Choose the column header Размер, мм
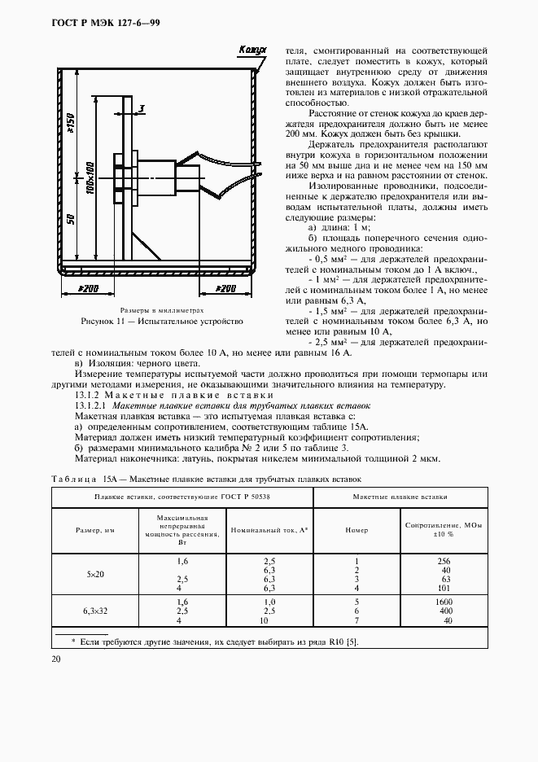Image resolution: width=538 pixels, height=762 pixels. pyautogui.click(x=94, y=530)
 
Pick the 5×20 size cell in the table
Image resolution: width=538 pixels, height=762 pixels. pyautogui.click(x=94, y=574)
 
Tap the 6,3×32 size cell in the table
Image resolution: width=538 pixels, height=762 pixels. pyautogui.click(x=94, y=610)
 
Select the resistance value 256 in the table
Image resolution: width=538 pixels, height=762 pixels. pyautogui.click(x=444, y=562)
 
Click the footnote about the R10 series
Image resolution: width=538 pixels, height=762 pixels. pyautogui.click(x=215, y=642)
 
